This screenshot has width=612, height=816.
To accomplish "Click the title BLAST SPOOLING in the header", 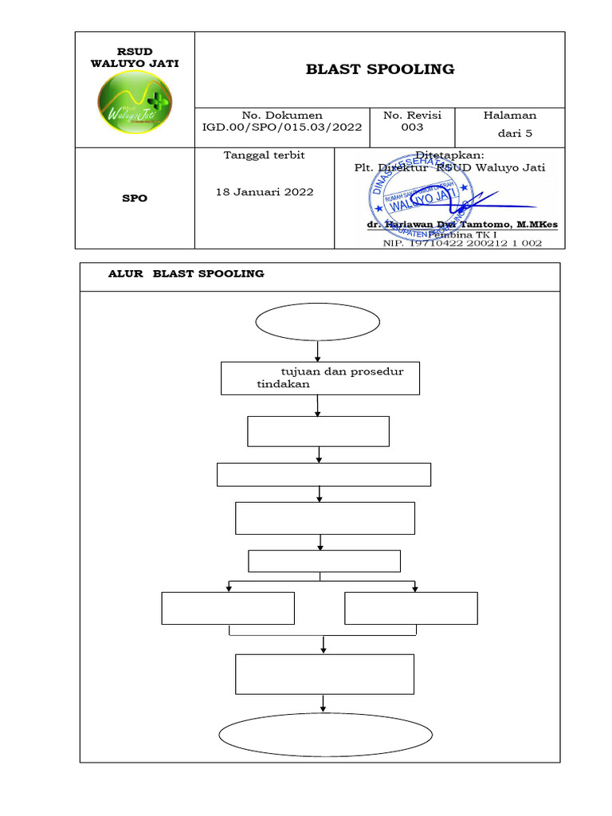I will [x=380, y=69].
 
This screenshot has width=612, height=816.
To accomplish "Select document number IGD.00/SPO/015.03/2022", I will [x=282, y=127].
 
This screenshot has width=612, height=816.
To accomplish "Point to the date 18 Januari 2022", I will [x=265, y=192].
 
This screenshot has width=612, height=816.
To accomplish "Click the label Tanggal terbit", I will [x=265, y=155].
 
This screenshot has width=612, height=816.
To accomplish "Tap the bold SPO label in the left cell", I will [x=135, y=198].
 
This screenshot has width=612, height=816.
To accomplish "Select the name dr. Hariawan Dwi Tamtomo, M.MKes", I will [x=462, y=226].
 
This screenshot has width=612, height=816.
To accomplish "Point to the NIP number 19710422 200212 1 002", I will [x=462, y=243].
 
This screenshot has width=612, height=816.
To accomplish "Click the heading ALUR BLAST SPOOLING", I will [x=186, y=274].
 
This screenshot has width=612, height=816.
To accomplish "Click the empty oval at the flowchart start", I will [x=318, y=323].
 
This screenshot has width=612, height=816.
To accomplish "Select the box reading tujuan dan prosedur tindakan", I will [x=320, y=378].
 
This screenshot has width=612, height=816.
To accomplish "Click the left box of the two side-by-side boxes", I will [x=228, y=608].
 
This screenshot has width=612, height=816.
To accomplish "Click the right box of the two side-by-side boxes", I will [x=411, y=608].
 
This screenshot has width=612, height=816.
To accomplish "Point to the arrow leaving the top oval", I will [x=318, y=351].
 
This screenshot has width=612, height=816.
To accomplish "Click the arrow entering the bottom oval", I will [x=324, y=704].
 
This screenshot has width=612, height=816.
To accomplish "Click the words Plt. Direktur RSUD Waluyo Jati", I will [x=450, y=168].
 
